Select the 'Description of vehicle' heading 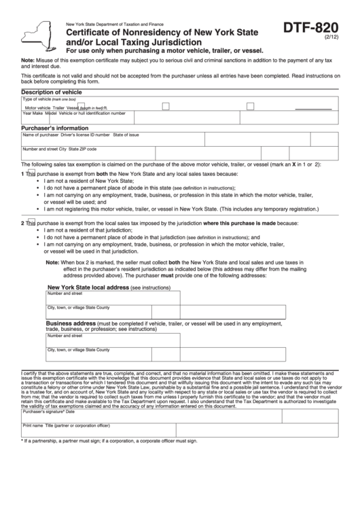52,92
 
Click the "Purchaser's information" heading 54,128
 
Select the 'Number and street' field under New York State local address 112,298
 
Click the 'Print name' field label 33,425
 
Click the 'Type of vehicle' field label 37,99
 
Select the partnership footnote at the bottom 109,440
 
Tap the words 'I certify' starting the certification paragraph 31,373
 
